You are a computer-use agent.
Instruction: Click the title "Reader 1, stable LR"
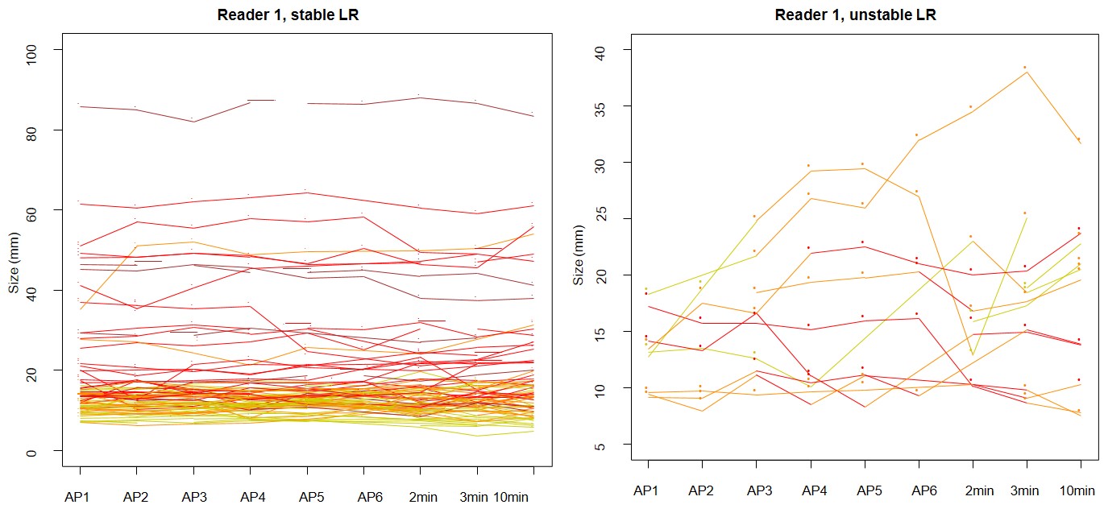pyautogui.click(x=288, y=14)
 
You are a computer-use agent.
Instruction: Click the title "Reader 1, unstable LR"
pyautogui.click(x=855, y=14)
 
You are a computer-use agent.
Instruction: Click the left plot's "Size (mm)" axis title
pyautogui.click(x=15, y=250)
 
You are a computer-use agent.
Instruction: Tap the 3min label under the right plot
pyautogui.click(x=1026, y=490)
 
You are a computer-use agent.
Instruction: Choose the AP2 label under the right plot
pyautogui.click(x=701, y=490)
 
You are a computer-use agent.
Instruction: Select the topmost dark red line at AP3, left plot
pyautogui.click(x=193, y=122)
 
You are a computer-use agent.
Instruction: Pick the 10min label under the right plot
pyautogui.click(x=1080, y=490)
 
